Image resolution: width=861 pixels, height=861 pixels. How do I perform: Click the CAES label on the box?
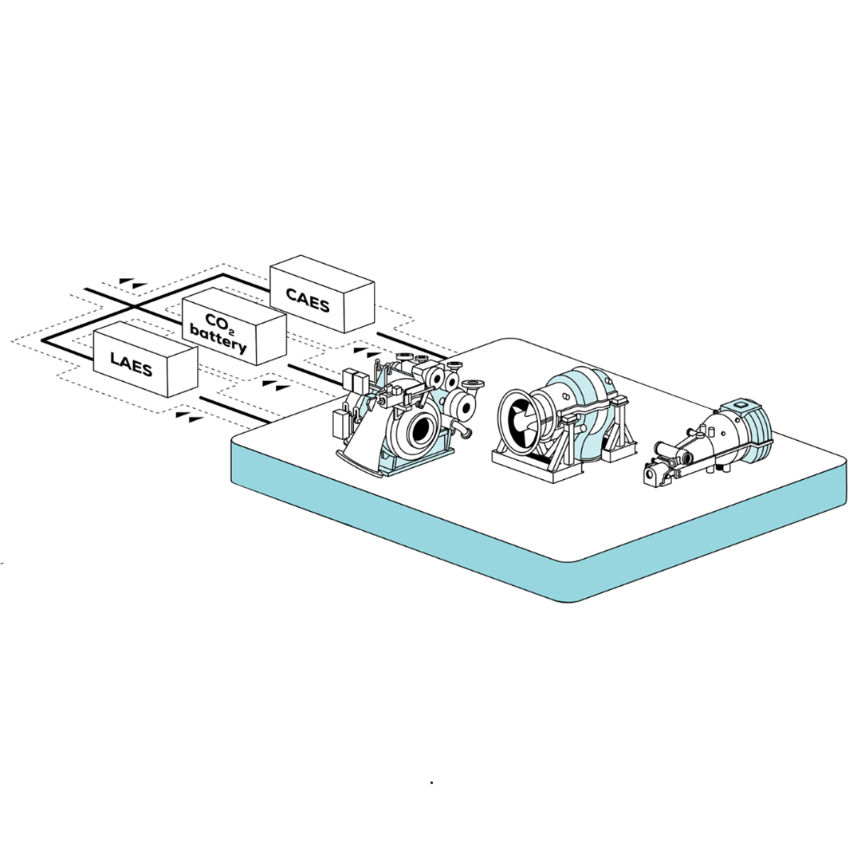pyautogui.click(x=308, y=301)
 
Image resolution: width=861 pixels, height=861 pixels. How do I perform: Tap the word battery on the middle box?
pyautogui.click(x=218, y=339)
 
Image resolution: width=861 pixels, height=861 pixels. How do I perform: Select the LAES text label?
pyautogui.click(x=132, y=364)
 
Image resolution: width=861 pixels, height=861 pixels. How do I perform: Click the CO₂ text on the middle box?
pyautogui.click(x=218, y=322)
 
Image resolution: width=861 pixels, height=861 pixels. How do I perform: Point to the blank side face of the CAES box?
pyautogui.click(x=359, y=308)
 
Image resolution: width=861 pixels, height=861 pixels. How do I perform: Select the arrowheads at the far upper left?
pyautogui.click(x=133, y=282)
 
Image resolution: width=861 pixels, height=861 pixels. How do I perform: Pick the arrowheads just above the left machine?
pyautogui.click(x=367, y=351)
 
